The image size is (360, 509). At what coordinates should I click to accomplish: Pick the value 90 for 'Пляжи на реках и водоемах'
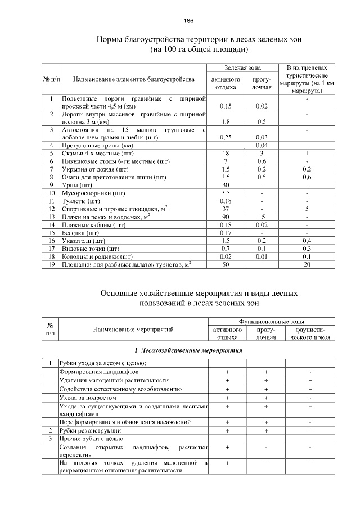(226, 217)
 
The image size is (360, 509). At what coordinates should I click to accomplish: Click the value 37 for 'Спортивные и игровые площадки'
(226, 209)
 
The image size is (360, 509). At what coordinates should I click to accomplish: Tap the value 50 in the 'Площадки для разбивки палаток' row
(226, 264)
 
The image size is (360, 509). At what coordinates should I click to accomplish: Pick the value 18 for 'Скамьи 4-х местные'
(226, 153)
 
